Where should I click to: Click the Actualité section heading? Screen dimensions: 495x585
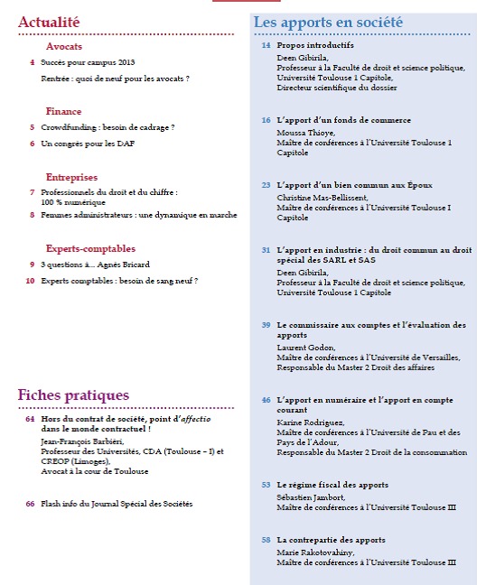coord(49,21)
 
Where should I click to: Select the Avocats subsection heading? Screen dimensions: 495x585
coord(66,47)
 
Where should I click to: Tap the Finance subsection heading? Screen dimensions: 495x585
coord(63,111)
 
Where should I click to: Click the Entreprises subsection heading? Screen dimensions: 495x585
coord(71,177)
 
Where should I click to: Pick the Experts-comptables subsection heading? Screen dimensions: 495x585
coord(90,248)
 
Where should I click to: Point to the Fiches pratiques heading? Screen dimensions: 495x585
coord(73,395)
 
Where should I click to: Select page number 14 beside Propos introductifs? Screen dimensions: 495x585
coord(266,45)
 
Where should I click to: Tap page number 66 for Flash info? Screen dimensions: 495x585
coord(30,503)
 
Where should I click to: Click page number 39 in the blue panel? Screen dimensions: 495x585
coord(266,325)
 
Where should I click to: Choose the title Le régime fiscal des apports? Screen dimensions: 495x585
coord(332,485)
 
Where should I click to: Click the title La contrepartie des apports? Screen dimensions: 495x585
coord(331,540)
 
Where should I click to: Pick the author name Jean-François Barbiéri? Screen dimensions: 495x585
coord(82,440)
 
